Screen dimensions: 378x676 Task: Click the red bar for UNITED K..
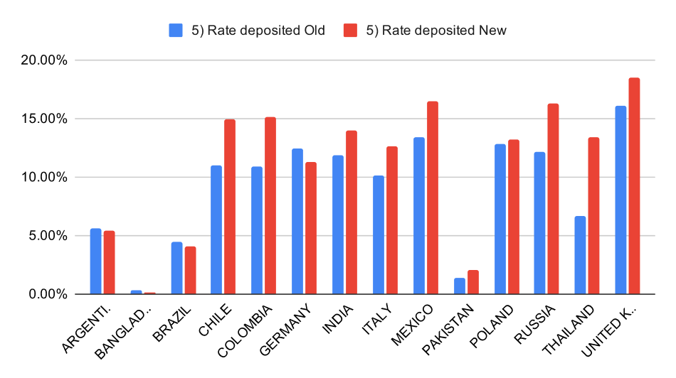[634, 186]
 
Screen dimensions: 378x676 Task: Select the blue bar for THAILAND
[580, 255]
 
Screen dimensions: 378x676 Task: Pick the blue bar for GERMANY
[297, 221]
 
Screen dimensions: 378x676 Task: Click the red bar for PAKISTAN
[472, 282]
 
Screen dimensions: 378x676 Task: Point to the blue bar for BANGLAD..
[136, 292]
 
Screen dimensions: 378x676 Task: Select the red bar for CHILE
[230, 207]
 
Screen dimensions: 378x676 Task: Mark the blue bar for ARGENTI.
[95, 261]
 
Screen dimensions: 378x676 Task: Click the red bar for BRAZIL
[189, 270]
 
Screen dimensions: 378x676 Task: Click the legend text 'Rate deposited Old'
[258, 30]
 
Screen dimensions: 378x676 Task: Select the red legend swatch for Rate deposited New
[351, 30]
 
